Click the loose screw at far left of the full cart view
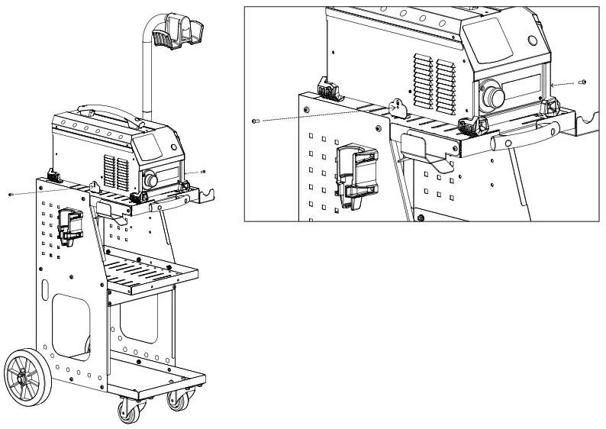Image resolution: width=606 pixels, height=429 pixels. tap(10, 195)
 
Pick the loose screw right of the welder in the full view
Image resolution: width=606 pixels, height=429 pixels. tap(203, 172)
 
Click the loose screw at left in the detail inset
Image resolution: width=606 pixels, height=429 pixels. tap(255, 121)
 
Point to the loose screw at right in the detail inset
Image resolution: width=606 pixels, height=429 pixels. tap(582, 80)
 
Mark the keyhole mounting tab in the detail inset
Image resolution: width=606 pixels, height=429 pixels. tap(396, 108)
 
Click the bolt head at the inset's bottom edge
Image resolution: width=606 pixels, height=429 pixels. tap(421, 219)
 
